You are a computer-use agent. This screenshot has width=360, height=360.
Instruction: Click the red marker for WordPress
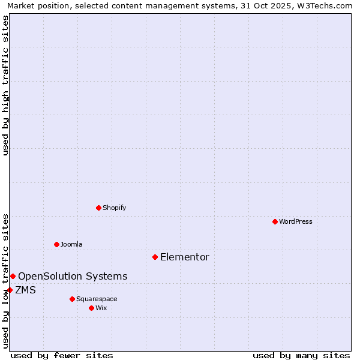(275, 221)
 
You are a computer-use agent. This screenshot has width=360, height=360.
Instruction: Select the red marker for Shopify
(98, 208)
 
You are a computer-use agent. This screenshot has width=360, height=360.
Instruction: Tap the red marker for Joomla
(56, 244)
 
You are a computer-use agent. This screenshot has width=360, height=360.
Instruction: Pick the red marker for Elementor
(155, 257)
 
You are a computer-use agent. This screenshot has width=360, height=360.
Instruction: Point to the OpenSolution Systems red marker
(13, 276)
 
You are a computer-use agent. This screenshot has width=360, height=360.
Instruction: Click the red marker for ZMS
(10, 290)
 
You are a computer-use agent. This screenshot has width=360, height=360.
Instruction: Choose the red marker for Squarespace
(72, 299)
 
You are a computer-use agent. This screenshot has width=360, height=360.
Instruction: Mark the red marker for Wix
(91, 308)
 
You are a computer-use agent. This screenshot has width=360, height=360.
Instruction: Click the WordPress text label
(296, 221)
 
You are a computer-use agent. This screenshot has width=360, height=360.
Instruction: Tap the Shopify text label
(114, 208)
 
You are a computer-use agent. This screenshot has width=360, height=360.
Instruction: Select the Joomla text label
(71, 244)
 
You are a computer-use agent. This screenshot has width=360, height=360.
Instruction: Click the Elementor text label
(185, 257)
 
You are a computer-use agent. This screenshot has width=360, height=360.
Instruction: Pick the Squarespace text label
(97, 299)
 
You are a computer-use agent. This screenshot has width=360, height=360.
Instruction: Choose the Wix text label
(101, 308)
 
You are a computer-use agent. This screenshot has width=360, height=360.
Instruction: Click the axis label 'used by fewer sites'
(62, 355)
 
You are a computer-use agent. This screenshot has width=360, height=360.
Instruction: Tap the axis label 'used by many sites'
(301, 355)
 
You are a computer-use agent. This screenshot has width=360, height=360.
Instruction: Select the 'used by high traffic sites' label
(5, 85)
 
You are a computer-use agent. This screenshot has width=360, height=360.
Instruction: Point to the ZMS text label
(25, 290)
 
